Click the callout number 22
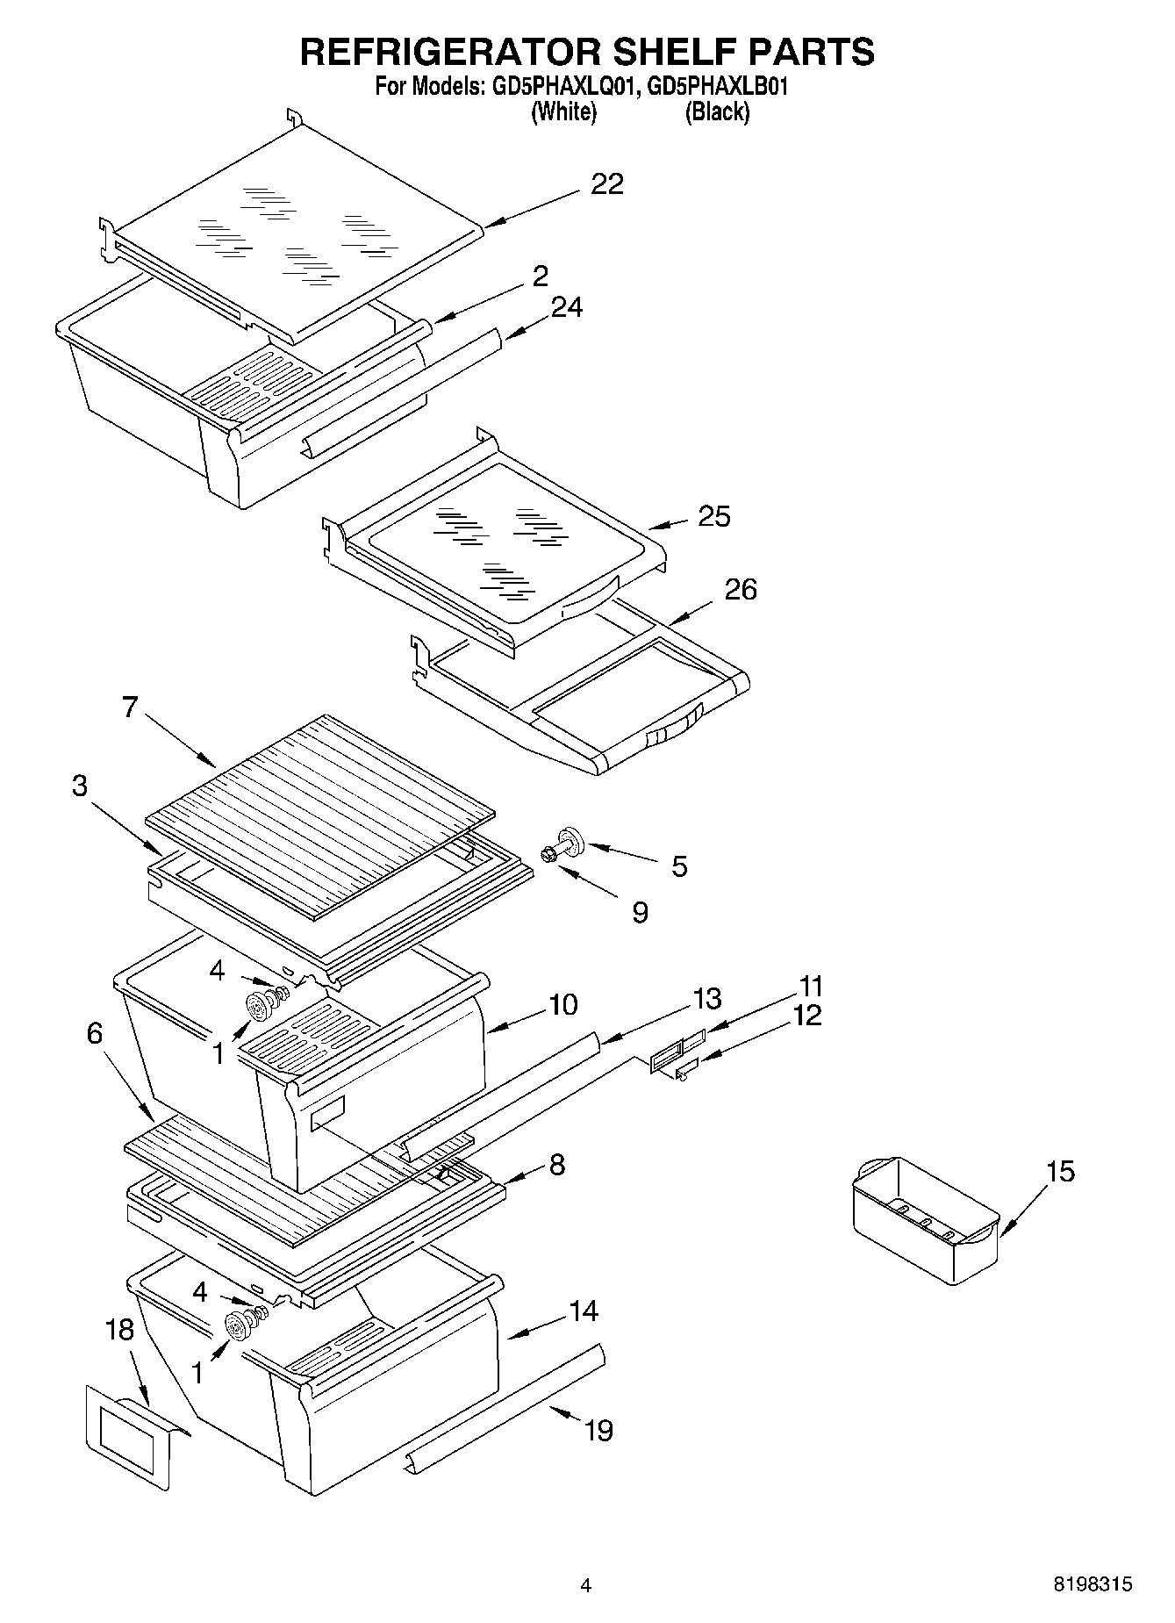(606, 183)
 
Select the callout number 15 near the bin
(1060, 1171)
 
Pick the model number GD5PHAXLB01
(718, 88)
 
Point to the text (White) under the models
(563, 112)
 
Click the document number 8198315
(1093, 1584)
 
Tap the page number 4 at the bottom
(585, 1585)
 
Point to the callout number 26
(740, 589)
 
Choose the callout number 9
(640, 913)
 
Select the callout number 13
(706, 999)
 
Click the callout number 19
(598, 1431)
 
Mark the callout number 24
(567, 307)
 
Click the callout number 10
(562, 1004)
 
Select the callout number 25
(713, 516)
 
